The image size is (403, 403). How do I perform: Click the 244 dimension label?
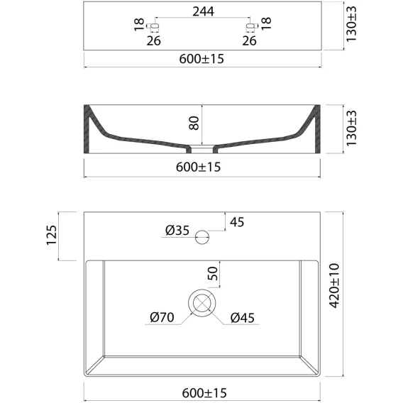[203, 11]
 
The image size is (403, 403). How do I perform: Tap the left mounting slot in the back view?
[154, 26]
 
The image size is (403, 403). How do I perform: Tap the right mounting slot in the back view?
[250, 26]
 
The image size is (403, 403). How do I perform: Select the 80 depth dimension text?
[194, 123]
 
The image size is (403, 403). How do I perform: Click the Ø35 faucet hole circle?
[202, 237]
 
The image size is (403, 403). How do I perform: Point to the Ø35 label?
[177, 230]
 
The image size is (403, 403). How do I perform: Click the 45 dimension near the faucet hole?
[237, 222]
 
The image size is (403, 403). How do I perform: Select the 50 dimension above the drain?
[213, 273]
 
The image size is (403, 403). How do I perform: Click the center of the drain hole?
[202, 303]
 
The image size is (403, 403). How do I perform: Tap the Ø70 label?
[162, 317]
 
